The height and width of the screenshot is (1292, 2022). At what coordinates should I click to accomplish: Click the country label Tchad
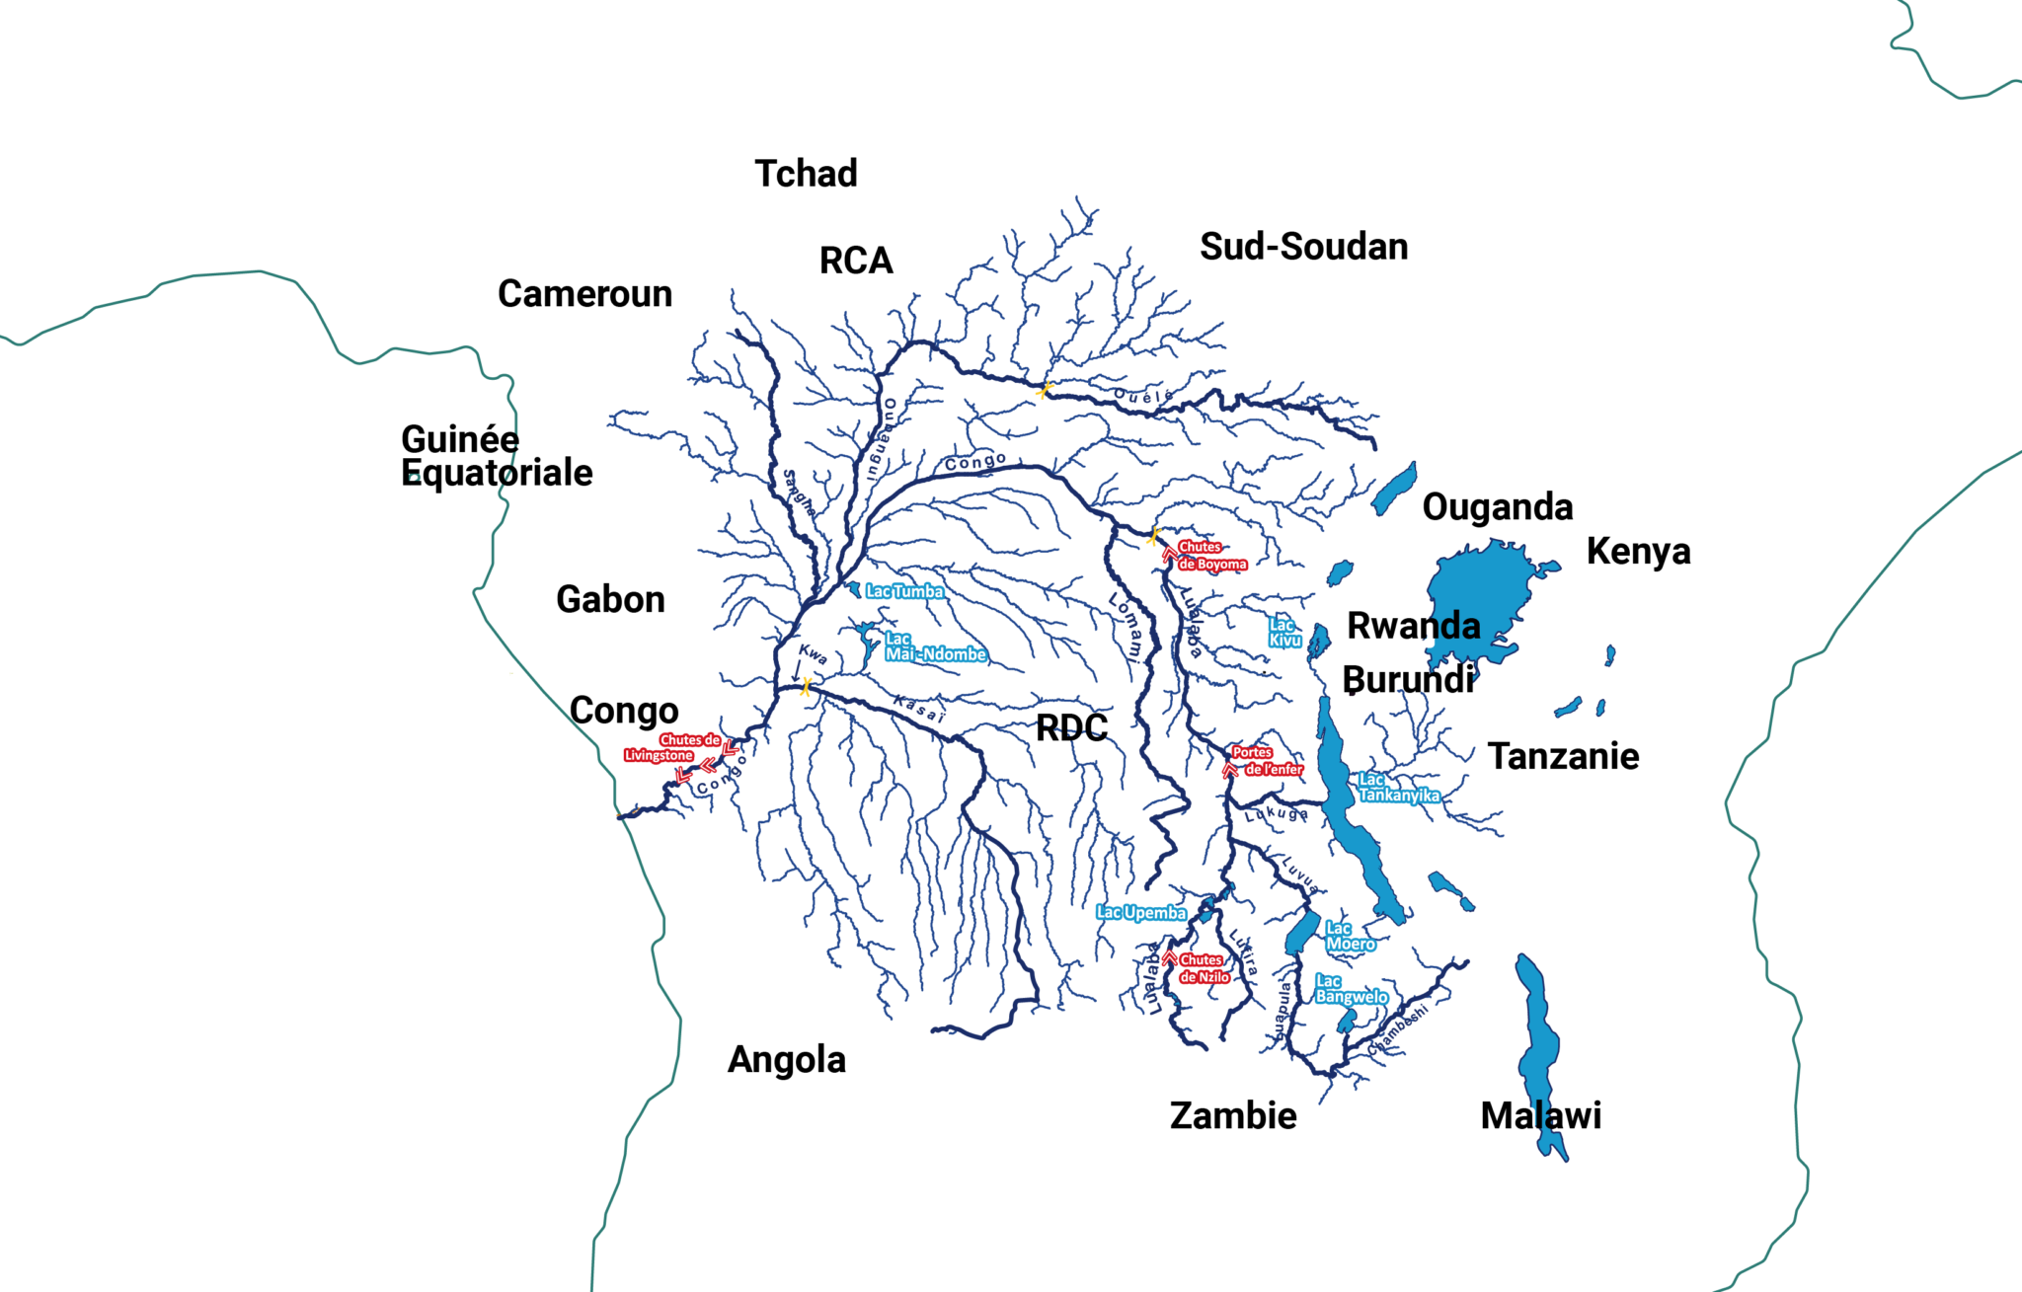coord(806,174)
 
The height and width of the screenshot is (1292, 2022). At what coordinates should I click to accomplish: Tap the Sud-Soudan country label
coord(1303,247)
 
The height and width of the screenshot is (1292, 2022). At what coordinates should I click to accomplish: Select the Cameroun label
coord(584,294)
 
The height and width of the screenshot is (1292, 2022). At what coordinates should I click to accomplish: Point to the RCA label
coord(856,262)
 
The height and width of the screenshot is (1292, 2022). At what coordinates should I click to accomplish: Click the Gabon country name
coord(610,600)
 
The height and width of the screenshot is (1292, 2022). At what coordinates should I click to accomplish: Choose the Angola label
coord(787,1060)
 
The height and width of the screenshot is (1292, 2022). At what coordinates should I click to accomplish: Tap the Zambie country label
coord(1233,1116)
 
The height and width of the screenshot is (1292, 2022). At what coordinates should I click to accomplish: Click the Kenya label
coord(1638,552)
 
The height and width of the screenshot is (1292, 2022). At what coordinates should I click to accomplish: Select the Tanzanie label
coord(1563,757)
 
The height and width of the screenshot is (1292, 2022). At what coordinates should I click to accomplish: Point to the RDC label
coord(1071,729)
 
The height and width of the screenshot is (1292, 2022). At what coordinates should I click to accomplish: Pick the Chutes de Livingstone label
coord(674,747)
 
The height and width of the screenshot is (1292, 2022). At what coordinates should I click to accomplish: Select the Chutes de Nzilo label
coord(1204,968)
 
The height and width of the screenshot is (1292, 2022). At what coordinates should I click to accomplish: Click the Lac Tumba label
coord(904,592)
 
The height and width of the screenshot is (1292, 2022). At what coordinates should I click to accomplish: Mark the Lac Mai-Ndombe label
coord(933,647)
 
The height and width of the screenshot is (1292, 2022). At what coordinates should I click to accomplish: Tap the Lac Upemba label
coord(1141,913)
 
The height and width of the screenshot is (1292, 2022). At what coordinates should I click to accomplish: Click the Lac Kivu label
coord(1284,633)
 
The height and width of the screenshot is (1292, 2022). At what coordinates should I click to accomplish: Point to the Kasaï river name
coord(919,709)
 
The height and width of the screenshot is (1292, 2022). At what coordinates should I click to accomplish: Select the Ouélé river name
coord(1143,396)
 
